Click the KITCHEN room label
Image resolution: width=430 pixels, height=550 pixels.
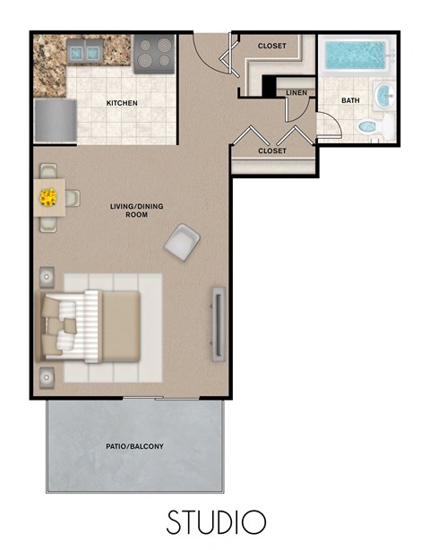pos(122,103)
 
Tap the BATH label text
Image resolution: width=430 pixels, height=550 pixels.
pos(350,100)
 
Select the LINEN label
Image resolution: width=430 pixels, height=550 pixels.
pos(297,93)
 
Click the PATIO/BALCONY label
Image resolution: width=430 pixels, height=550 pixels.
pos(134,446)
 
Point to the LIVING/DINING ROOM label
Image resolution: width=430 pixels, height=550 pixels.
pos(137,211)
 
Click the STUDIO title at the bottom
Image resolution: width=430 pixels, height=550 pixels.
pos(216,522)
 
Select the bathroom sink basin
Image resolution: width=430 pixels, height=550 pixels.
pos(384,96)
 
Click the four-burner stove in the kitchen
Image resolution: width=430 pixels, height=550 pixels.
pos(154,54)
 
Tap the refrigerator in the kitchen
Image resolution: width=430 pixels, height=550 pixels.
pos(56,121)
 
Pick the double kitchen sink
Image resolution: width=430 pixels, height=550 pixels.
pos(84,52)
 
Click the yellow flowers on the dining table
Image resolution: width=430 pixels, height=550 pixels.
pos(48,197)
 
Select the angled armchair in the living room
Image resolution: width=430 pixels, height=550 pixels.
pos(182,243)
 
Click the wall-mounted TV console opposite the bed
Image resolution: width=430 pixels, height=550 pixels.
pos(219,324)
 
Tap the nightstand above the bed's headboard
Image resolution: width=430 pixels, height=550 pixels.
pos(47,277)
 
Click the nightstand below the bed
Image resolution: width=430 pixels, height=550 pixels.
pos(47,377)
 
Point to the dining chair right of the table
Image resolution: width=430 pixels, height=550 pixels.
pos(73,198)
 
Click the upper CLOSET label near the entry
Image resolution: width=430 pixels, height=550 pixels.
pos(271,46)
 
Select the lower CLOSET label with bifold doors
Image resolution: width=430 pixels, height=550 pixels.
pos(272,150)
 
